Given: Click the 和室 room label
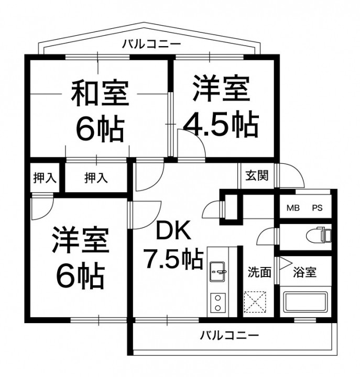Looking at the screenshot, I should (x=100, y=94).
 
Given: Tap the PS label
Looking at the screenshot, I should (x=318, y=208).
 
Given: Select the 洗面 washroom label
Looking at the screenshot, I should (x=259, y=272).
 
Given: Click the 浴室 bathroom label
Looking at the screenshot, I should (x=303, y=272).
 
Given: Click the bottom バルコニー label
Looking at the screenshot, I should (x=230, y=335).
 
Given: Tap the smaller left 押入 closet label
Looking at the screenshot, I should (x=45, y=178).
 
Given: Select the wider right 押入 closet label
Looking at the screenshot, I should (x=96, y=178).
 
